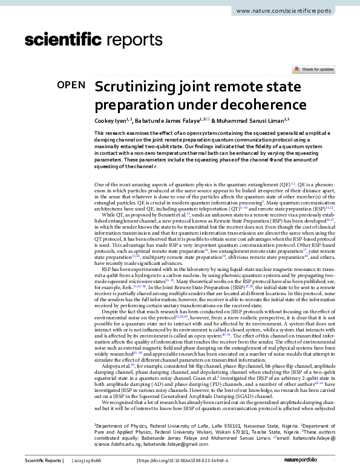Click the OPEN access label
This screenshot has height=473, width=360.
pyautogui.click(x=71, y=85)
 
